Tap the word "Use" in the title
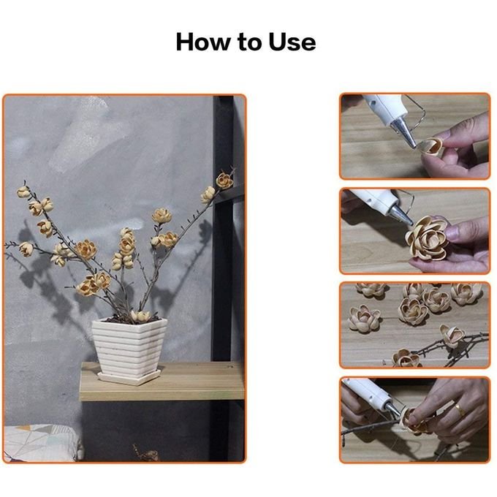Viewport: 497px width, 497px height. (292, 42)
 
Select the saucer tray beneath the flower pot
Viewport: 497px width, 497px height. (129, 377)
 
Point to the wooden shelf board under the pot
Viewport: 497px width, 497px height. (162, 382)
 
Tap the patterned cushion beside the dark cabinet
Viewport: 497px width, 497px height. (41, 443)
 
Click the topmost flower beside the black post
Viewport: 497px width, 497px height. (224, 181)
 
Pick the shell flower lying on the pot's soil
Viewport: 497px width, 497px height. (140, 316)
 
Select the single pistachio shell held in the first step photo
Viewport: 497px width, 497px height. (430, 147)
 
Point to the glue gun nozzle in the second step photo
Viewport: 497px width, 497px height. (401, 214)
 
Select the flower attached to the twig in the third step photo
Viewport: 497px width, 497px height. (452, 336)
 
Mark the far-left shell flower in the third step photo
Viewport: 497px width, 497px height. (364, 318)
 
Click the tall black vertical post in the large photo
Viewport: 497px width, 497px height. (223, 228)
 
